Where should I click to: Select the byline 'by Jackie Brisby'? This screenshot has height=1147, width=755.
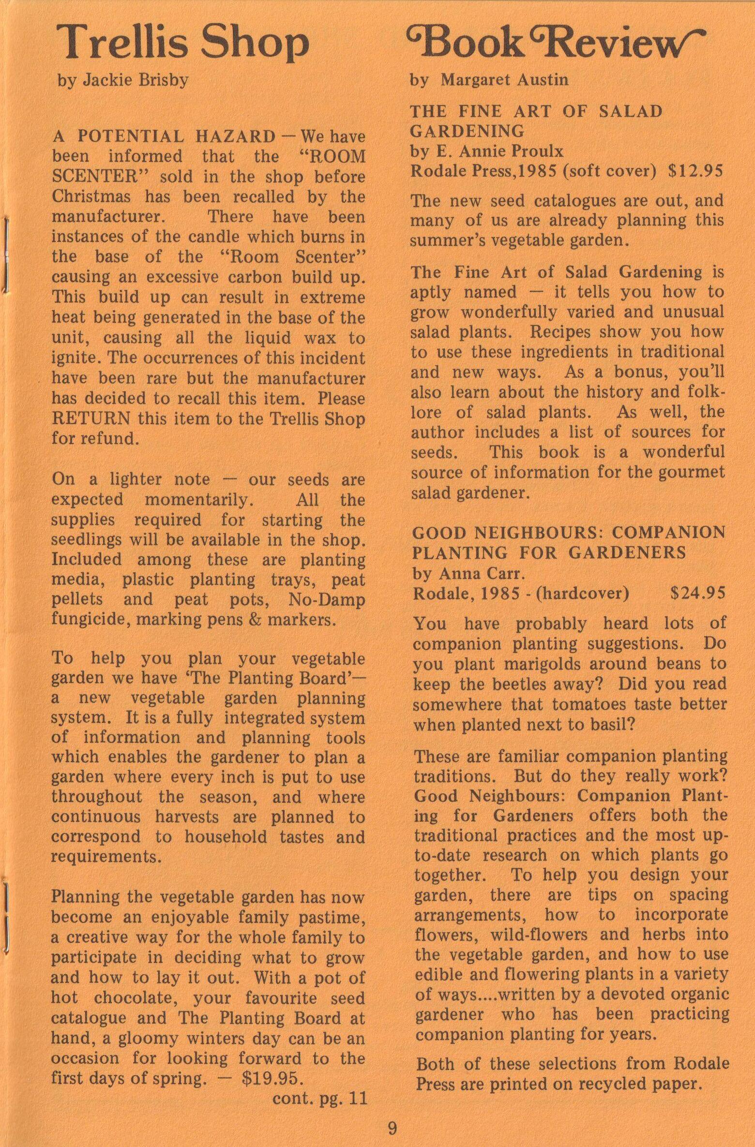click(x=123, y=80)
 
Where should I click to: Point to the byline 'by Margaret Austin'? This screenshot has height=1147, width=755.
click(x=489, y=79)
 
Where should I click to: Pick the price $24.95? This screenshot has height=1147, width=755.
click(x=697, y=593)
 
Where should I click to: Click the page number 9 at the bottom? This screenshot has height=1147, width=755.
click(x=392, y=1129)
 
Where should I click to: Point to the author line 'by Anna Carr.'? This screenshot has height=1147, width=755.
click(x=469, y=573)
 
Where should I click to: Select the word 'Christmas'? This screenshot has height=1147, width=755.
click(x=91, y=197)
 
